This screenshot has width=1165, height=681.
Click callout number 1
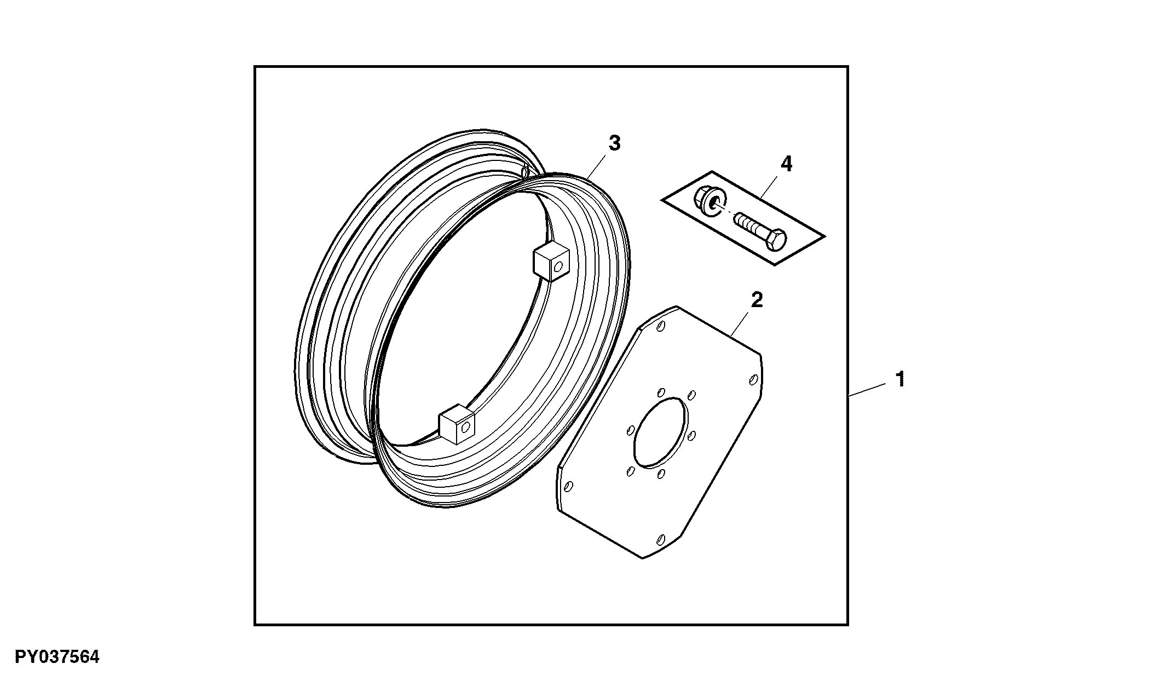tap(899, 379)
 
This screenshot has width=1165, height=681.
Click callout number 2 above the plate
tap(757, 300)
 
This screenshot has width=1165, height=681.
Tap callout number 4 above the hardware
tap(786, 164)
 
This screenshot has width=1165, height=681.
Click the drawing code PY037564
tap(57, 657)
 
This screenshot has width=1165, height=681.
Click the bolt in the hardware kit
tap(759, 232)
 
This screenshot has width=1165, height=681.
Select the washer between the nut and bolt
tap(714, 206)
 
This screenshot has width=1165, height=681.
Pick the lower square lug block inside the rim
tap(457, 424)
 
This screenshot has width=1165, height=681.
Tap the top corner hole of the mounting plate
tap(661, 327)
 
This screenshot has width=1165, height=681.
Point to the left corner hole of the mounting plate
tap(568, 486)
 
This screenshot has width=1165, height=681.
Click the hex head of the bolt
tap(777, 241)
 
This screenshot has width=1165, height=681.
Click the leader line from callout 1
tap(867, 390)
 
